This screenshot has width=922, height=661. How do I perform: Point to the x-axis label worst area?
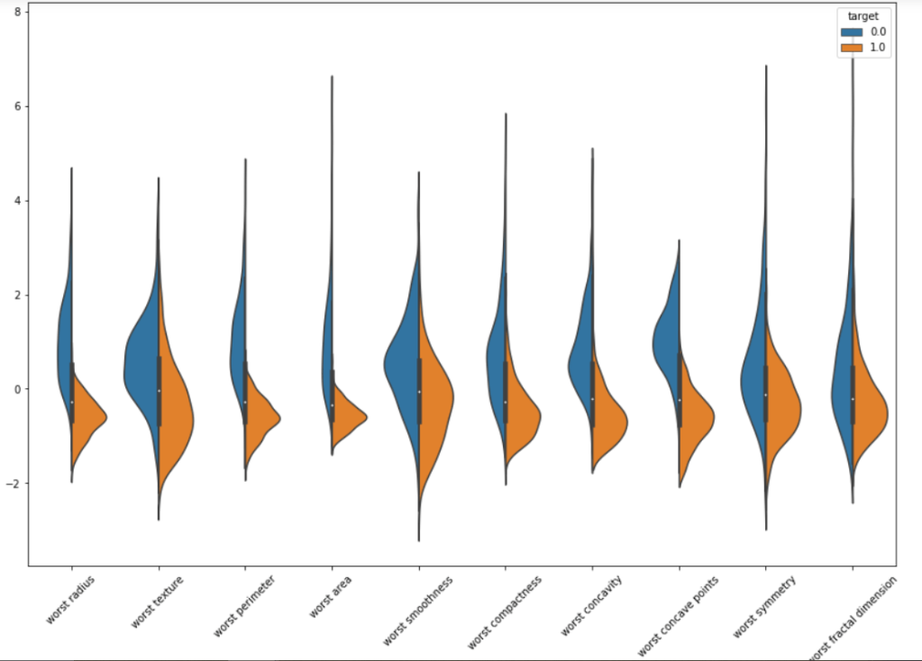tap(330, 595)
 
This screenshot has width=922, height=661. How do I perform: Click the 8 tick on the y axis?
tap(18, 12)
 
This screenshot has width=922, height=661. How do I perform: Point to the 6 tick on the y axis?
tap(18, 106)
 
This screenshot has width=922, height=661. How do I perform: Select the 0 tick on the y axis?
tap(18, 389)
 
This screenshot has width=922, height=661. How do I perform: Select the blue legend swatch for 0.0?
tap(852, 32)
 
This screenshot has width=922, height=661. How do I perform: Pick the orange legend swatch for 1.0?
tap(852, 49)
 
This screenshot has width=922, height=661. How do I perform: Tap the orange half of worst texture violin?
tap(175, 414)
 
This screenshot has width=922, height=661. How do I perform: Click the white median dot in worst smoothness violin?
tap(419, 392)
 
